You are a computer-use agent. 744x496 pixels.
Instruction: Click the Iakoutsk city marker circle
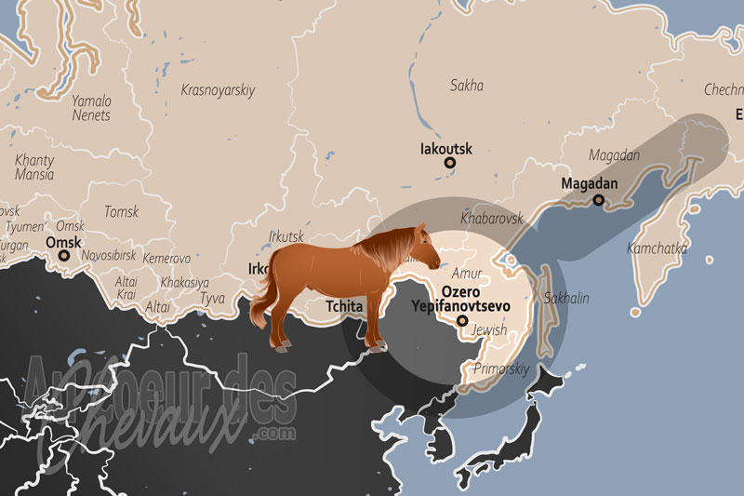pyautogui.click(x=450, y=163)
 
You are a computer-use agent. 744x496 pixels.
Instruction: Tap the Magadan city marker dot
pyautogui.click(x=599, y=199)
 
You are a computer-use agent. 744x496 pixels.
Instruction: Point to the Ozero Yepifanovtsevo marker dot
pyautogui.click(x=462, y=322)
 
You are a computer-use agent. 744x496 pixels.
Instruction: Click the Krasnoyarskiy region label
pyautogui.click(x=219, y=90)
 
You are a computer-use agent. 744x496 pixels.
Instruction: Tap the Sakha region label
pyautogui.click(x=467, y=86)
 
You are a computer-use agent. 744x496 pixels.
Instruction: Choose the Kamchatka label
pyautogui.click(x=657, y=248)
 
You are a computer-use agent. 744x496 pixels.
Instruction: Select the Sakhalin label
pyautogui.click(x=566, y=298)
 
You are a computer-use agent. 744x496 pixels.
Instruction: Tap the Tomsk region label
pyautogui.click(x=121, y=212)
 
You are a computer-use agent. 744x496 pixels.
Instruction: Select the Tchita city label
pyautogui.click(x=344, y=305)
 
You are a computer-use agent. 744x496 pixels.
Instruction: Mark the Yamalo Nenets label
pyautogui.click(x=91, y=108)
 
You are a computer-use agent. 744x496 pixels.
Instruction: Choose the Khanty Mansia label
pyautogui.click(x=34, y=167)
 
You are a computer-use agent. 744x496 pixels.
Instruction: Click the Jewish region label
pyautogui.click(x=489, y=330)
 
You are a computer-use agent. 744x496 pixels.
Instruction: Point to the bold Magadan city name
pyautogui.click(x=590, y=183)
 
